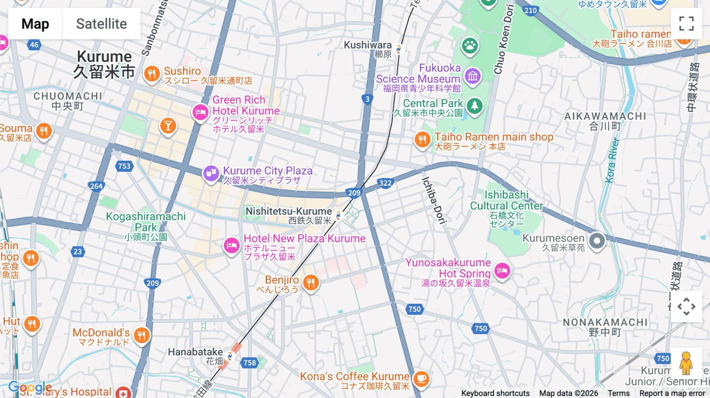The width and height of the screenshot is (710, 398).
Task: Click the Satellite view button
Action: click(101, 24)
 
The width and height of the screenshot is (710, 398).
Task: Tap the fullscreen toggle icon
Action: click(686, 24)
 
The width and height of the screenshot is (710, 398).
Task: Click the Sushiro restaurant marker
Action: click(152, 74)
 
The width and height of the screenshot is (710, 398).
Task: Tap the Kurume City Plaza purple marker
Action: click(211, 173)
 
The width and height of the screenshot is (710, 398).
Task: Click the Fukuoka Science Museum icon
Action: click(473, 76)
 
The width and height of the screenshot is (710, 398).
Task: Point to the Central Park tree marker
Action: click(475, 106)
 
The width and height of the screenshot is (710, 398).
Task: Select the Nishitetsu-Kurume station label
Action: click(289, 212)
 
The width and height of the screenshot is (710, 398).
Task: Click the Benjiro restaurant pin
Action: click(311, 283)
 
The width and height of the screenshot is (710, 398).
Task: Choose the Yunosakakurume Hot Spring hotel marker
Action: click(502, 271)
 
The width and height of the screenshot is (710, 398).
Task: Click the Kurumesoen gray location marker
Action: click(597, 240)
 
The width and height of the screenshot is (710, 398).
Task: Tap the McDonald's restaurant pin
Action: click(141, 335)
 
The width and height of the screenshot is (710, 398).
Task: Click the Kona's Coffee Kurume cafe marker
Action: click(421, 379)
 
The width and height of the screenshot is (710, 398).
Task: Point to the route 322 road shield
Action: click(385, 183)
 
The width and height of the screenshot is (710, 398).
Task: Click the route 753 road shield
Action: click(124, 166)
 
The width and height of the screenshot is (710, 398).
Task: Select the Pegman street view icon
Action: click(686, 363)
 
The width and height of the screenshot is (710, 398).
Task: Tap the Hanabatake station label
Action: click(196, 352)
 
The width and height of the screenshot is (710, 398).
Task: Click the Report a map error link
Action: click(672, 393)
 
